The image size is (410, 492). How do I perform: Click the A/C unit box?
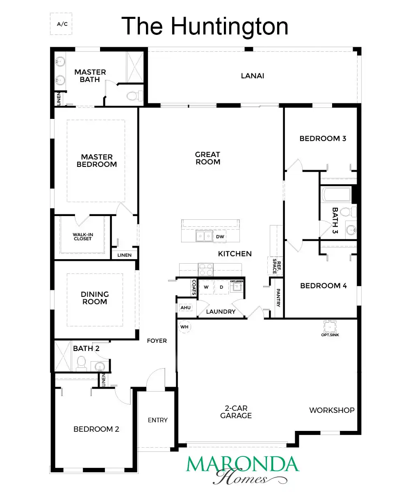click(x=61, y=24)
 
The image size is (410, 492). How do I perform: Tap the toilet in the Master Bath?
click(x=135, y=96)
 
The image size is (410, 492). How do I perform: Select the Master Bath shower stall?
click(x=135, y=67)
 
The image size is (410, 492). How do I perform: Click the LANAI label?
click(x=253, y=76)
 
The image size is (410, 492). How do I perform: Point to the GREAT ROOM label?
click(x=207, y=158)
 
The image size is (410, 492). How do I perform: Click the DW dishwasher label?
click(x=220, y=237)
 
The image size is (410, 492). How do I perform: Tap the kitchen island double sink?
click(x=204, y=236)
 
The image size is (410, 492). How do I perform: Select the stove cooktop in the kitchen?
click(x=206, y=269)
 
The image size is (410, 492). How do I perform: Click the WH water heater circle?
click(x=184, y=327)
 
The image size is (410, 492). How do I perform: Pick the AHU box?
click(x=186, y=308)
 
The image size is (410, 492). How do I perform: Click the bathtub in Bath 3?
click(x=336, y=194)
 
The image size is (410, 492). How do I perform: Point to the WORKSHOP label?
click(x=332, y=410)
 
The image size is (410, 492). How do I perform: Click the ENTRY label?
click(x=157, y=420)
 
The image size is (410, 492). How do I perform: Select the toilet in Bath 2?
click(x=82, y=363)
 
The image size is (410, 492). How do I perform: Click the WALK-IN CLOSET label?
click(x=83, y=237)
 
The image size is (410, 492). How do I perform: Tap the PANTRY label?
click(x=278, y=298)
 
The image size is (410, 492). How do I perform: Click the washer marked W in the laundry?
click(x=206, y=287)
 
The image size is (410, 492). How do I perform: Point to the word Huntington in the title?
click(x=230, y=26)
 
